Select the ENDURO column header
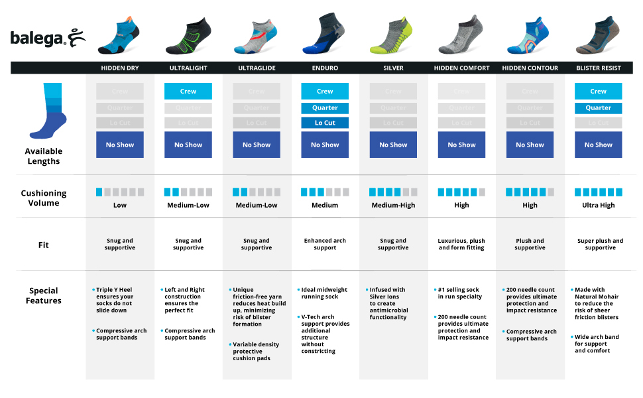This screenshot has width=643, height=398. coord(325,68)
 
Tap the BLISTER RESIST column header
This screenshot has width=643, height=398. coord(598,68)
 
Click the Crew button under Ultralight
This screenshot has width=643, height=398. coord(188,92)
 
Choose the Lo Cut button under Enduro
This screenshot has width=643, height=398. coord(325,123)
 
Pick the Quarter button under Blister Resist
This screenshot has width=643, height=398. coord(598,107)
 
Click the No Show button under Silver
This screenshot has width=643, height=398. coord(393,145)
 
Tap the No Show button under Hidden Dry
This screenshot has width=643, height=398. coord(120,145)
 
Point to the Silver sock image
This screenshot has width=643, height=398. coord(393,37)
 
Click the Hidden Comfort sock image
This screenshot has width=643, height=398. coord(461,37)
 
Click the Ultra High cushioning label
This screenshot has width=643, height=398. coord(598,205)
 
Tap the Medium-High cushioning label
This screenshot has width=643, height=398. coord(393,205)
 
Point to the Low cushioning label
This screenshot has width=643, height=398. coord(120,205)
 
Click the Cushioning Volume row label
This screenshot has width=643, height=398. coord(44,198)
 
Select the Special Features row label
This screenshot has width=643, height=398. coord(44,295)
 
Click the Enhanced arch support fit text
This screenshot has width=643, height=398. coord(325,244)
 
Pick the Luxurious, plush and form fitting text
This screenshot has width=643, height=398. coord(461,244)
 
